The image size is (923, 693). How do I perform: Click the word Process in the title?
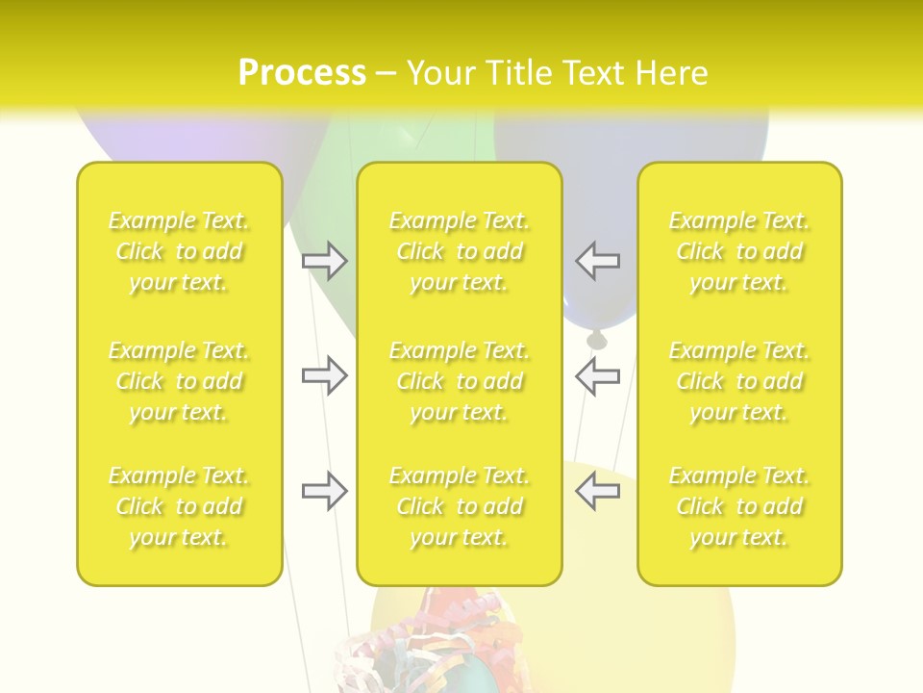pyautogui.click(x=302, y=72)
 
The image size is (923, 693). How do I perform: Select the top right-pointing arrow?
pyautogui.click(x=325, y=261)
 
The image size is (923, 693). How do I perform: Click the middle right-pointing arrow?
pyautogui.click(x=325, y=376)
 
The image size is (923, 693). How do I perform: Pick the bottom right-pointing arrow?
pyautogui.click(x=325, y=491)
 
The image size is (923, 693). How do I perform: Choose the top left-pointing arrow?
pyautogui.click(x=597, y=261)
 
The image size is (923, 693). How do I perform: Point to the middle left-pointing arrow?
pyautogui.click(x=597, y=376)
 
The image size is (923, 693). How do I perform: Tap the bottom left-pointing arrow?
pyautogui.click(x=597, y=491)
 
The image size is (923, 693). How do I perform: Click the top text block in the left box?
pyautogui.click(x=179, y=251)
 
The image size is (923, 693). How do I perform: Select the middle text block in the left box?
pyautogui.click(x=179, y=381)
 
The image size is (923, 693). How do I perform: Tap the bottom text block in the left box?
pyautogui.click(x=179, y=506)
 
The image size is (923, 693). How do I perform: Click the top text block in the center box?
pyautogui.click(x=460, y=251)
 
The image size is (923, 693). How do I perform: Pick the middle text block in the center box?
pyautogui.click(x=460, y=381)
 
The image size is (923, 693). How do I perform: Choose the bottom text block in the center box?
pyautogui.click(x=460, y=506)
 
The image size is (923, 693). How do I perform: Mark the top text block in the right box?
pyautogui.click(x=739, y=251)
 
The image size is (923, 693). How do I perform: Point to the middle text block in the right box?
pyautogui.click(x=739, y=381)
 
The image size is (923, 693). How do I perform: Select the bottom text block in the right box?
pyautogui.click(x=739, y=506)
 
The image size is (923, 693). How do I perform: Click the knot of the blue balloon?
pyautogui.click(x=597, y=339)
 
